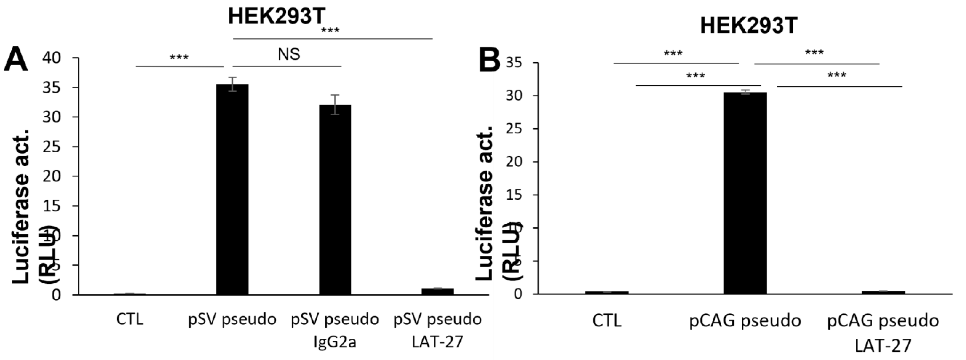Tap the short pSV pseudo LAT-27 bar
coord(438,291)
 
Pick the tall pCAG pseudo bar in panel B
coord(745,193)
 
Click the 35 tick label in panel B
coord(514,63)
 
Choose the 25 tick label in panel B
coord(514,129)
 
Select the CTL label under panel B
coord(607,321)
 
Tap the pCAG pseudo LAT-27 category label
coord(883,333)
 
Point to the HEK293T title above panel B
coord(748,26)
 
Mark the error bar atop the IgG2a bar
coord(335,104)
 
